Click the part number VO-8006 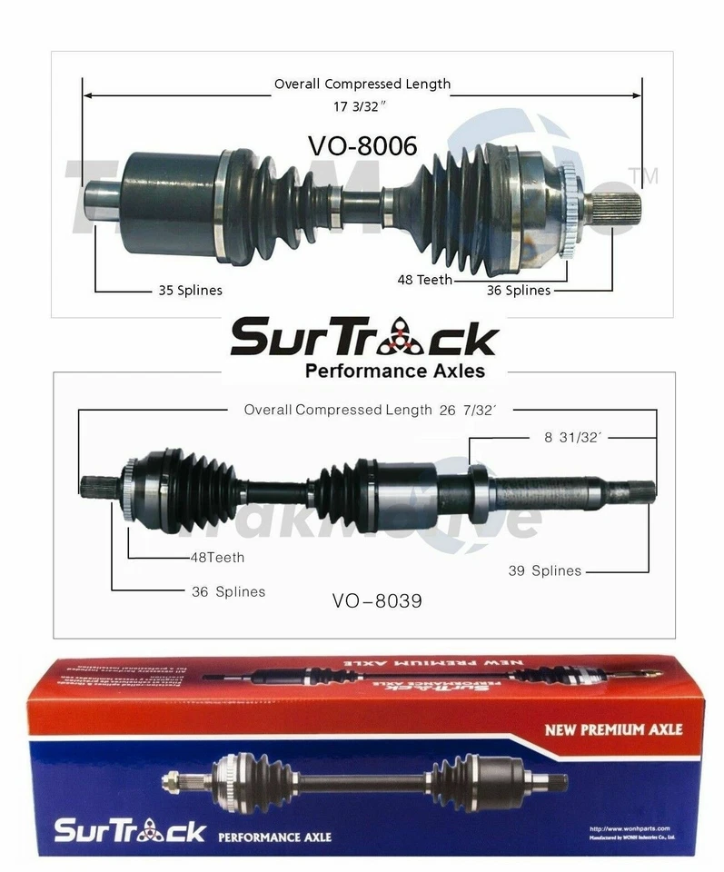(x=362, y=145)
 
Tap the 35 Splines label (x=185, y=291)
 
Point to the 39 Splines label (x=544, y=570)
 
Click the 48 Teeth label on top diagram (x=424, y=280)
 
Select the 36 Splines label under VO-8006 (x=518, y=291)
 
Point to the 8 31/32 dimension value (x=573, y=437)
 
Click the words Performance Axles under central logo (x=394, y=371)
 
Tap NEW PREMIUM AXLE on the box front (x=613, y=728)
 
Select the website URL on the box (x=627, y=828)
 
